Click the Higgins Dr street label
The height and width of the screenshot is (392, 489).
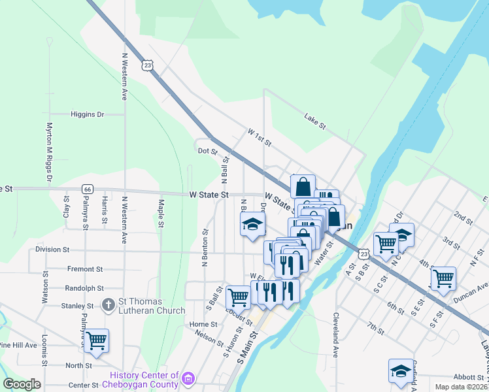coord(87,114)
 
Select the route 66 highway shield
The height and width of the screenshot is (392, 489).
coord(87,189)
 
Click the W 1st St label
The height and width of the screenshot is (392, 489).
coord(258,137)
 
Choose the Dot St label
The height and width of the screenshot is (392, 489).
coord(207,151)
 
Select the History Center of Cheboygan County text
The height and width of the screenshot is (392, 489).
coord(144,380)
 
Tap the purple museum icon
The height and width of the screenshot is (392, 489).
coord(188,378)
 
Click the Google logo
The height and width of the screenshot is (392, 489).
coord(22,384)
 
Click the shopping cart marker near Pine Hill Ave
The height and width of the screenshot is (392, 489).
coord(96,339)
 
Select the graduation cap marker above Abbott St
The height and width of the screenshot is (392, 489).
coord(400,370)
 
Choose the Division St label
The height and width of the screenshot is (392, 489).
coord(52,249)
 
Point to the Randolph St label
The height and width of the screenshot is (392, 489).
coord(85,287)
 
